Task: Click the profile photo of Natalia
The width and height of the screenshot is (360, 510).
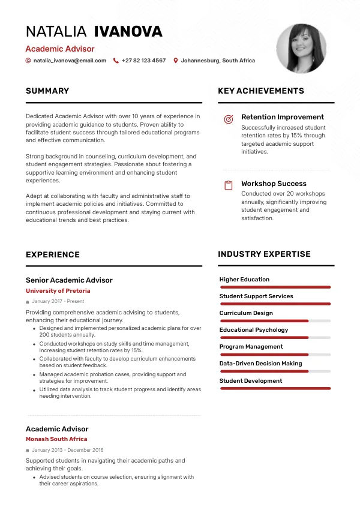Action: [x=301, y=49]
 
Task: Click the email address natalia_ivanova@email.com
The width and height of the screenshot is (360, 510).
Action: [x=70, y=61]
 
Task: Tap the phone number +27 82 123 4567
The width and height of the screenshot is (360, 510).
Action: [x=143, y=61]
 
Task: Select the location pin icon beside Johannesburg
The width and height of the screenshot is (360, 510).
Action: [x=176, y=61]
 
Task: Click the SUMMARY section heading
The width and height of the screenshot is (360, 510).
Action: [x=47, y=91]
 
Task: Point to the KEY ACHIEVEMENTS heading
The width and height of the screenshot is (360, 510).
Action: [x=261, y=91]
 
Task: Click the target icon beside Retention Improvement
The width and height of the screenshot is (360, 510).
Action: [x=228, y=119]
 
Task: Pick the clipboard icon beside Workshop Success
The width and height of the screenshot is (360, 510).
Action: [x=228, y=185]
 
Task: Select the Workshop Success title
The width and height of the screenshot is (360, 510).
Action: [x=274, y=184]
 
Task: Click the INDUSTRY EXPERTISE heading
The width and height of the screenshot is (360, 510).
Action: [x=264, y=254]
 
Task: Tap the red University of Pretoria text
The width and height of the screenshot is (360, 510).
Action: [x=58, y=291]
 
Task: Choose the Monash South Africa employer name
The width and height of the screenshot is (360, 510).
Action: [x=56, y=439]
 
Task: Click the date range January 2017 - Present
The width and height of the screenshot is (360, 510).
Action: [x=58, y=301]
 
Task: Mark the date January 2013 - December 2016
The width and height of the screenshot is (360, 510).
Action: [x=67, y=449]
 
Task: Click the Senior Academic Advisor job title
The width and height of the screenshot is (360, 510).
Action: [x=69, y=280]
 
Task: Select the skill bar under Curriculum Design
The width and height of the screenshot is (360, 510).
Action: [x=275, y=321]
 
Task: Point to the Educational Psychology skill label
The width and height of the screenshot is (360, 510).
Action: [x=254, y=330]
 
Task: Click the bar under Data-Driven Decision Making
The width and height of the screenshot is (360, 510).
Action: [x=275, y=371]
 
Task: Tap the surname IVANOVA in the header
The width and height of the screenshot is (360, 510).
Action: [x=128, y=32]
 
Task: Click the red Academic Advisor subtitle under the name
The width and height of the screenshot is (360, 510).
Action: [x=60, y=49]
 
